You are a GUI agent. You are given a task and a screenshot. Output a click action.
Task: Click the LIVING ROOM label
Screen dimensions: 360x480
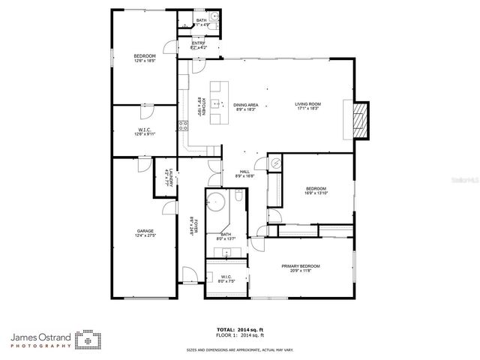307,104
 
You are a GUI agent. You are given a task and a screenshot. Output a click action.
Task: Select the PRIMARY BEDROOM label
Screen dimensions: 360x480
301,266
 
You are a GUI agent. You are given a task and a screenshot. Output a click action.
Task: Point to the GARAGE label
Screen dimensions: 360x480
145,231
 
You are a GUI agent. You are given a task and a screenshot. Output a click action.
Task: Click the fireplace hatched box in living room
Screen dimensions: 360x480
362,119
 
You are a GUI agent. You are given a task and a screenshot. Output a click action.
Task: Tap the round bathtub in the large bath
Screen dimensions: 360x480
218,203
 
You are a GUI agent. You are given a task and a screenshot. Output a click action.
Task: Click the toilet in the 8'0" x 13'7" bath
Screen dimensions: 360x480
238,197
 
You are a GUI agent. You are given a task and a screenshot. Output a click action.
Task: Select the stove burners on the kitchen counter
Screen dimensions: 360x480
181,124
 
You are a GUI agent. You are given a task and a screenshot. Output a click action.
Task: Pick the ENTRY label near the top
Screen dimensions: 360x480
198,43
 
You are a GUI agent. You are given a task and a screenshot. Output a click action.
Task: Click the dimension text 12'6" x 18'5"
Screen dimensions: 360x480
144,61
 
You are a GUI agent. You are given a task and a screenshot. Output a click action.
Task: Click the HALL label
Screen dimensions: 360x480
244,172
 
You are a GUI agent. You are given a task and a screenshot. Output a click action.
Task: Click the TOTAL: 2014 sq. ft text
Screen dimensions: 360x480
241,329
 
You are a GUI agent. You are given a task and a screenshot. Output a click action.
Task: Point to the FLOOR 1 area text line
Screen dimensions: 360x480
241,336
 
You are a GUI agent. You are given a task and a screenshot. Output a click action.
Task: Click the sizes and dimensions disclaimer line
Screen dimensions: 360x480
240,349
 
